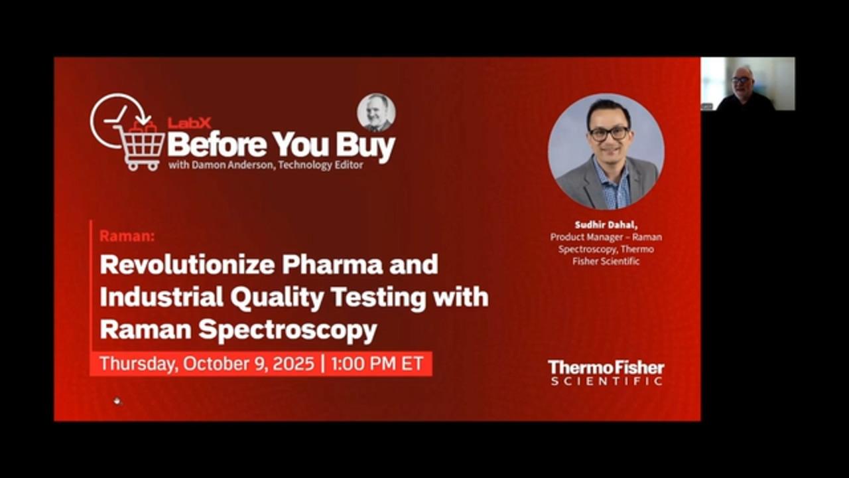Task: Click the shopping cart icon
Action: pyautogui.click(x=139, y=146)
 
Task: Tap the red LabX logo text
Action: pyautogui.click(x=189, y=123)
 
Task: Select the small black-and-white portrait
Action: pyautogui.click(x=376, y=113)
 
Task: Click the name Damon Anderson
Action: pyautogui.click(x=233, y=165)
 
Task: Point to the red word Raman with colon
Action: pyautogui.click(x=127, y=236)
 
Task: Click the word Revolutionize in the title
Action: pyautogui.click(x=187, y=264)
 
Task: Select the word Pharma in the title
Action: pyautogui.click(x=332, y=264)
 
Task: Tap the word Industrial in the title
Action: pyautogui.click(x=161, y=297)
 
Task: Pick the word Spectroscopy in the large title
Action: pyautogui.click(x=288, y=331)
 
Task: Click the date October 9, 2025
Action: pyautogui.click(x=249, y=363)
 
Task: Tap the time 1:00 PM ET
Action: pyautogui.click(x=377, y=363)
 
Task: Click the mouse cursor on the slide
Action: pyautogui.click(x=117, y=401)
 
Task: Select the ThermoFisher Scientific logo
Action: pyautogui.click(x=606, y=372)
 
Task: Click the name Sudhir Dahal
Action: pyautogui.click(x=606, y=225)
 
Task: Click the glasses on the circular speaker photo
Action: pyautogui.click(x=609, y=133)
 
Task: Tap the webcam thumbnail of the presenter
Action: pyautogui.click(x=748, y=84)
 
